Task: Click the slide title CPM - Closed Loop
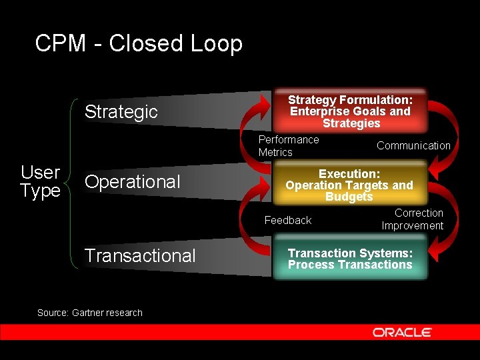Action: [139, 44]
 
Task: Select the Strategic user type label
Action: [121, 111]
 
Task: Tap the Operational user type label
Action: [132, 181]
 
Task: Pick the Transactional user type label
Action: [140, 255]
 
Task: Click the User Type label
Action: [40, 181]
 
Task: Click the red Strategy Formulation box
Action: [350, 111]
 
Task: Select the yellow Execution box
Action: [349, 185]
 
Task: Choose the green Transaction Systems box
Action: [350, 259]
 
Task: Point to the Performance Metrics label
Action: [288, 145]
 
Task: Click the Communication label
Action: [413, 145]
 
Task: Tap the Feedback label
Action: [287, 220]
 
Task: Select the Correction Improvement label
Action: [413, 219]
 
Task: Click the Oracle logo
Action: [402, 332]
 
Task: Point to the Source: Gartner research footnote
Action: [89, 313]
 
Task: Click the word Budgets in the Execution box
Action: [349, 197]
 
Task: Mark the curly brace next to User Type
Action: [71, 183]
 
